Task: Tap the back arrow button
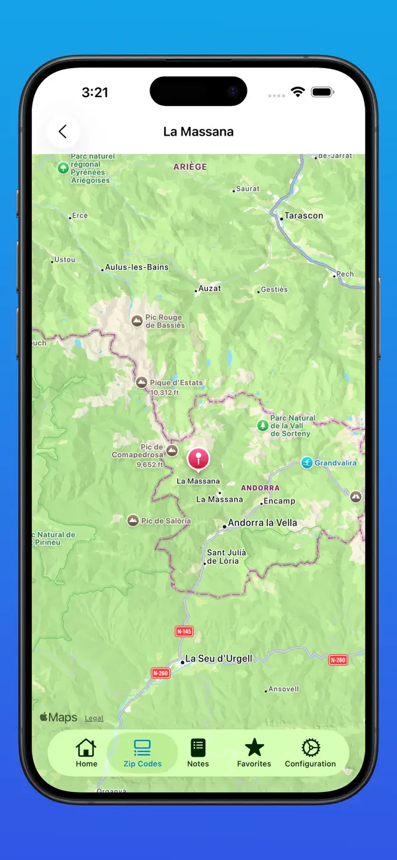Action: [63, 132]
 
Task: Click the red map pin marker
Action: [198, 458]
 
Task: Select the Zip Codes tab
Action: [142, 753]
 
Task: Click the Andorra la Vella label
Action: [262, 523]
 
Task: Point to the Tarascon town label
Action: [304, 216]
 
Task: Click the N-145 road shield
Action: [185, 632]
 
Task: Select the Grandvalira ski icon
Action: [307, 462]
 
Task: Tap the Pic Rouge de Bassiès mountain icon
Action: [137, 321]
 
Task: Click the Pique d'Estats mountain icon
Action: [142, 382]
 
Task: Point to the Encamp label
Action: [279, 501]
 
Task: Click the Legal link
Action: [94, 718]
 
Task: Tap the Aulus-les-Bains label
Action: [137, 267]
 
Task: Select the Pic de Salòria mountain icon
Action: [133, 521]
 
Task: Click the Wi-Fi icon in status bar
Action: [297, 92]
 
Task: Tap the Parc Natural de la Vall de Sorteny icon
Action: [263, 425]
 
